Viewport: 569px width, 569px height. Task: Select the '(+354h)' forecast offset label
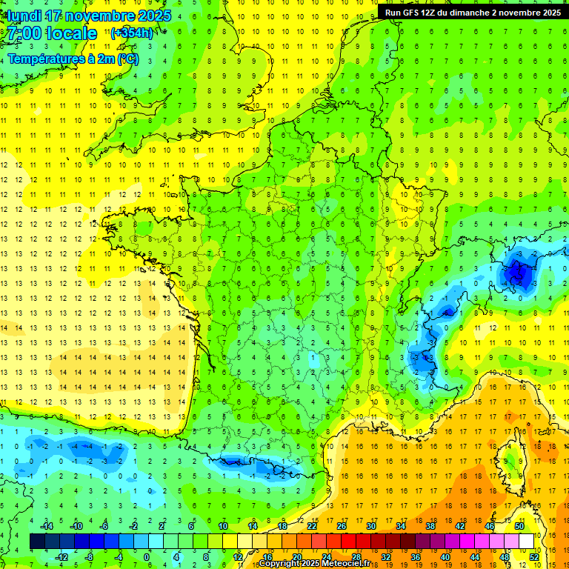pos(132,33)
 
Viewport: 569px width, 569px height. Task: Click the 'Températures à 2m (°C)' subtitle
pos(73,59)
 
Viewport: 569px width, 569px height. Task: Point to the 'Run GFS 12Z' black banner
pos(473,13)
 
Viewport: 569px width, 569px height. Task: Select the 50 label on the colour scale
pos(519,526)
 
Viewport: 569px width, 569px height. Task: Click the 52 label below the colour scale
pos(534,557)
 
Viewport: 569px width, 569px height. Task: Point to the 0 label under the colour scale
pos(147,557)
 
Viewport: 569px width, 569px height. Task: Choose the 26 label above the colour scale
pos(342,526)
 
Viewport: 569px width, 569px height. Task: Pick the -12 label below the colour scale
pos(62,557)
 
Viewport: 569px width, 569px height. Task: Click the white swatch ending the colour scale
pos(526,542)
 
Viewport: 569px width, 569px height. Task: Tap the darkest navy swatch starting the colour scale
pos(37,542)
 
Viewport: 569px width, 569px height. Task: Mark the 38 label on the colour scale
pos(430,526)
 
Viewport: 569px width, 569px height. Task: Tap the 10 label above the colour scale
pos(223,526)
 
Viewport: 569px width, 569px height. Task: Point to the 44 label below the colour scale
pos(475,557)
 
